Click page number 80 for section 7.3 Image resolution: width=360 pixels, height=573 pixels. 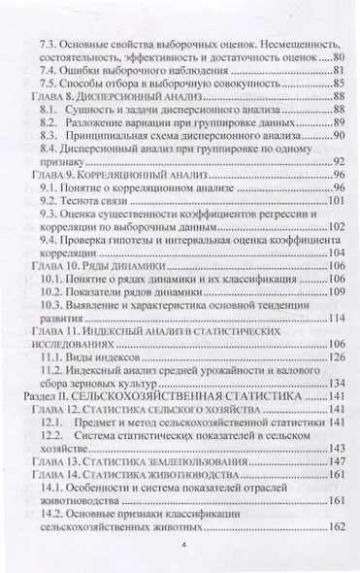point(339,60)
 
